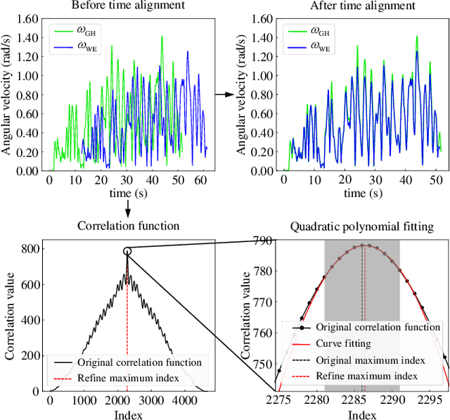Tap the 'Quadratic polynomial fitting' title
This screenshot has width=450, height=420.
(x=361, y=227)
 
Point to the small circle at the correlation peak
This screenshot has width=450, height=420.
(x=127, y=251)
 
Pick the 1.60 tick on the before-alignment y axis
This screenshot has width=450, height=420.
(x=28, y=19)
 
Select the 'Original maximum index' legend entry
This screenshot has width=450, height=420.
(x=370, y=359)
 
